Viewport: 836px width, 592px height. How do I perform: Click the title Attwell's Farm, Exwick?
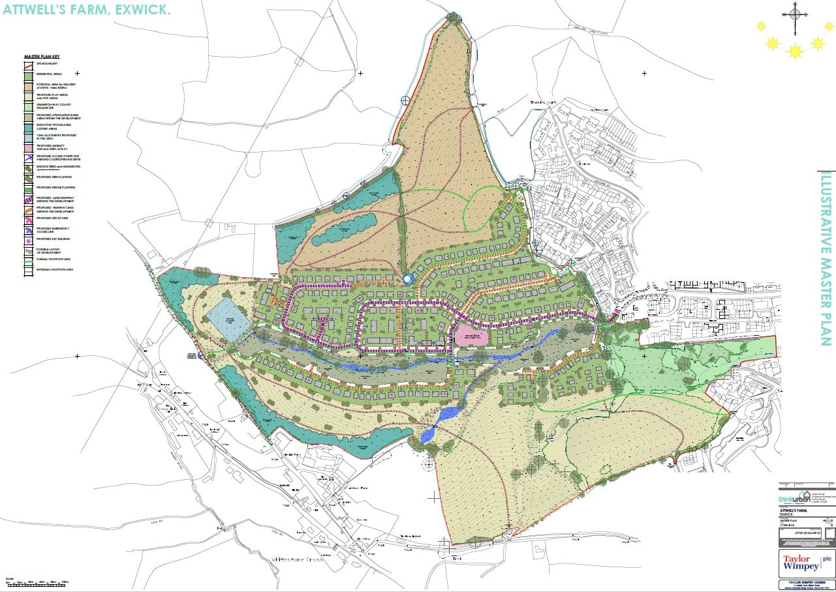coord(86,11)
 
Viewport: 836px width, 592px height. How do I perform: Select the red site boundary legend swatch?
coord(28,63)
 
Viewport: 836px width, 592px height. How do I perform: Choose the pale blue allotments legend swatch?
coord(28,136)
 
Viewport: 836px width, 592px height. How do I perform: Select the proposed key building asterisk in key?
coord(28,239)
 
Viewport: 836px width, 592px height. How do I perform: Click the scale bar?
coord(37,582)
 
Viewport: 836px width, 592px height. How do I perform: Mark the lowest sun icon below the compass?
coord(795,52)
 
